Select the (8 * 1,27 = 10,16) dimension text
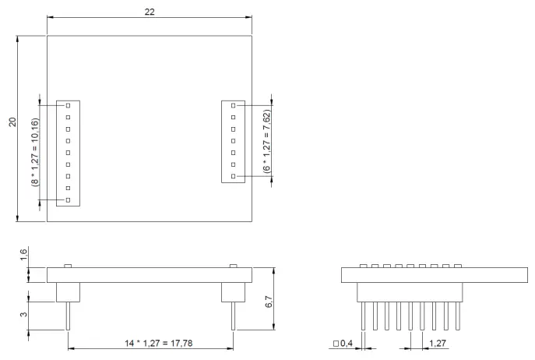[34, 153]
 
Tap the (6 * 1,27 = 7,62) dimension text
[266, 141]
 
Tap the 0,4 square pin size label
[344, 343]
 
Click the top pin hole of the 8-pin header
[69, 105]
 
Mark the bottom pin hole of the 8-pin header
[69, 200]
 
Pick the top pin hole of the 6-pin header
[233, 105]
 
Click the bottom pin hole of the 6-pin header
[233, 177]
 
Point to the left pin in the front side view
[69, 316]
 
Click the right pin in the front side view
[233, 316]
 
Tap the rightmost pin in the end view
[457, 316]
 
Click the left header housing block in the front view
[69, 291]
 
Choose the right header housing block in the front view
[233, 291]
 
